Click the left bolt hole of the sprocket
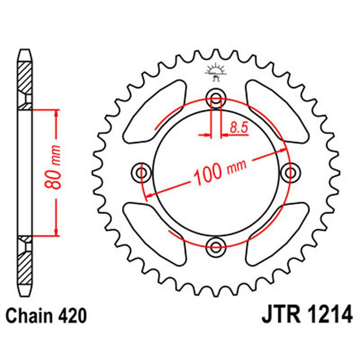coord(141,171)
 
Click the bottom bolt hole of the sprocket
coord(216,245)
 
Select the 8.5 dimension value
coord(238,129)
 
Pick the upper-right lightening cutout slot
coord(277,111)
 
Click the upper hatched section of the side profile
coord(26,76)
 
